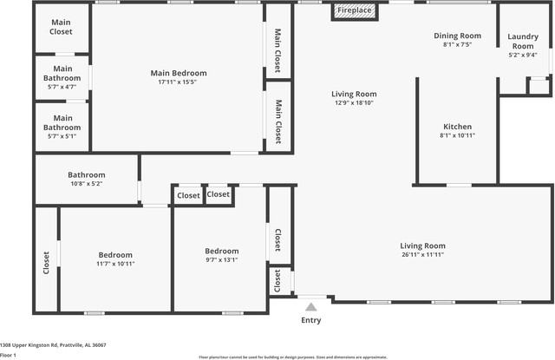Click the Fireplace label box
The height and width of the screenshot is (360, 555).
pyautogui.click(x=354, y=11)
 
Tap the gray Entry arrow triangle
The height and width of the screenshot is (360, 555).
pyautogui.click(x=310, y=305)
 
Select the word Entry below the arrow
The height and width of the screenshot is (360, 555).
pyautogui.click(x=310, y=320)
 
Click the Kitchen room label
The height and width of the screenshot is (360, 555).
pyautogui.click(x=457, y=126)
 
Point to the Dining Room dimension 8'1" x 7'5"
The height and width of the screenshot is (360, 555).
pyautogui.click(x=457, y=44)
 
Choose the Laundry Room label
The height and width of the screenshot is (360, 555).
pyautogui.click(x=522, y=41)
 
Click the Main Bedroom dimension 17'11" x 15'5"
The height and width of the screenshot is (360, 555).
pyautogui.click(x=178, y=82)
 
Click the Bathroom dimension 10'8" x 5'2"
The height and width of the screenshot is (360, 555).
pyautogui.click(x=87, y=183)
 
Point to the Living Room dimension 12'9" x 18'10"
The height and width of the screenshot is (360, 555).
pyautogui.click(x=354, y=102)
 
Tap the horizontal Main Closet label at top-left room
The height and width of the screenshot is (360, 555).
pyautogui.click(x=62, y=27)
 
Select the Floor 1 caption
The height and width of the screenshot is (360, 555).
pyautogui.click(x=9, y=355)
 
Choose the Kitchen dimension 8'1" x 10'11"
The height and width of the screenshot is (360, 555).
pyautogui.click(x=457, y=134)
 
